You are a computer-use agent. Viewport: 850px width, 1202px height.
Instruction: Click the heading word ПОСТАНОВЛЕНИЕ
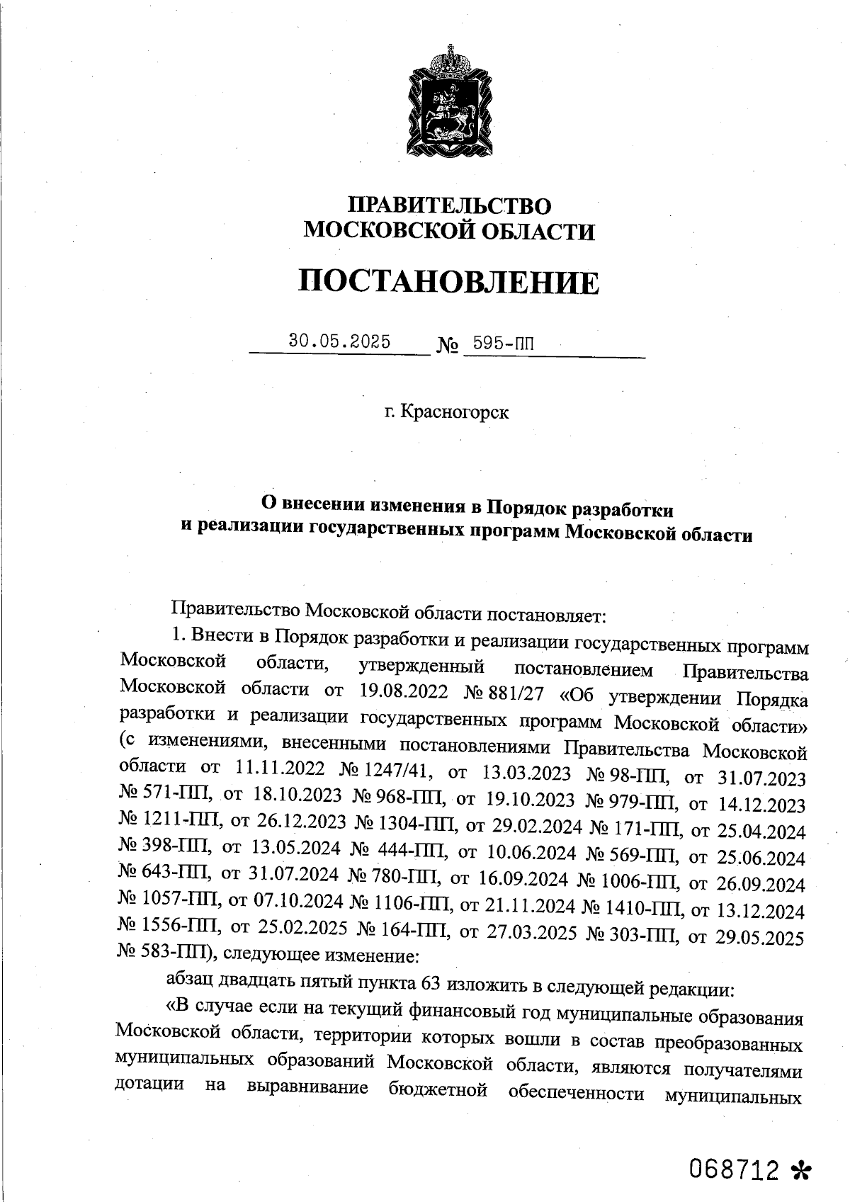[x=448, y=282]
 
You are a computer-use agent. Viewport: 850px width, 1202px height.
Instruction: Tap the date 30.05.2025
[x=339, y=341]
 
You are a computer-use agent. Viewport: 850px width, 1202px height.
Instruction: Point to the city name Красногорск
[x=454, y=412]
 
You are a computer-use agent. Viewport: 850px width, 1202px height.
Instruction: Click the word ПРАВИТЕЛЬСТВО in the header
[x=449, y=205]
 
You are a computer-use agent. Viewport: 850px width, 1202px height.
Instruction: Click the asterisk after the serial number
[x=800, y=1171]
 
